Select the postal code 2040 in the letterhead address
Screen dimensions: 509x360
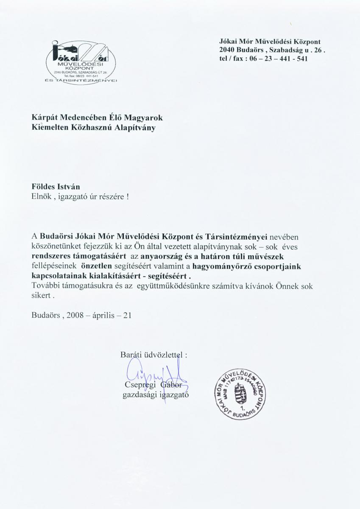(227, 50)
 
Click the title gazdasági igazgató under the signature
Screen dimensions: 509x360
(155, 394)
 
